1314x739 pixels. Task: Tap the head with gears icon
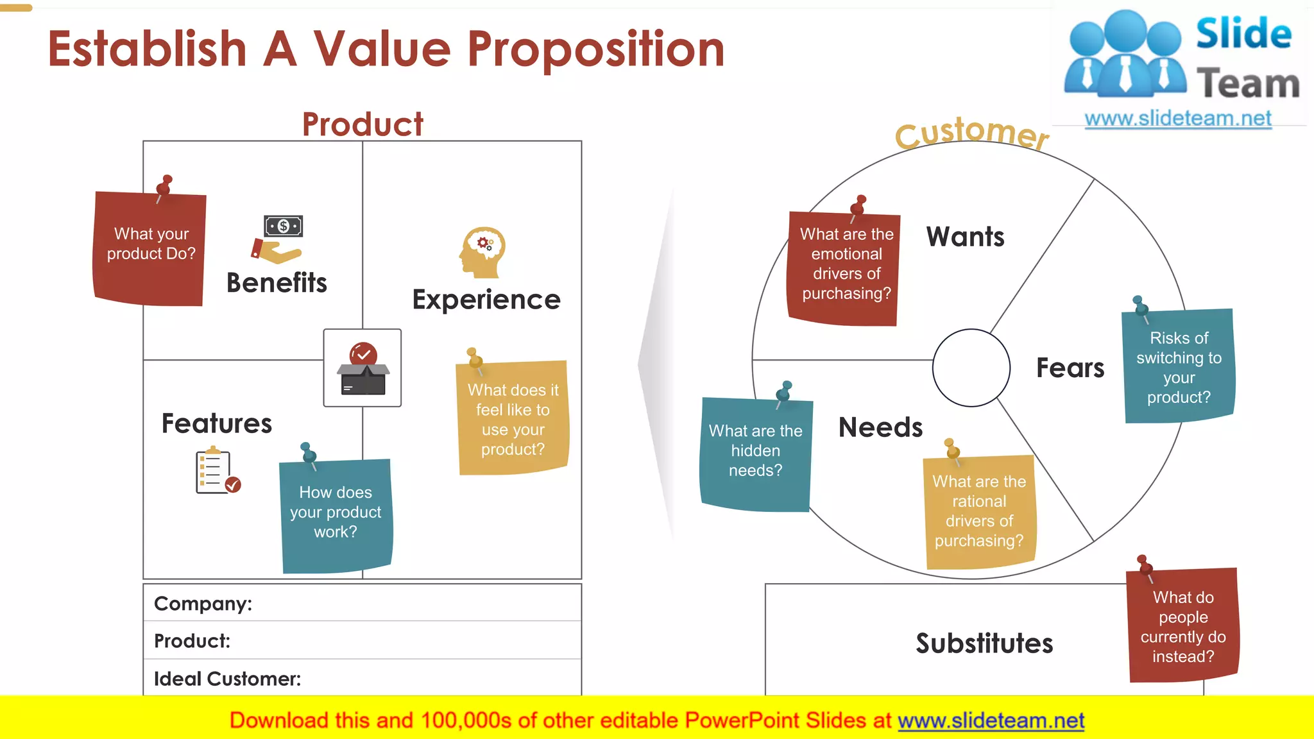click(x=482, y=252)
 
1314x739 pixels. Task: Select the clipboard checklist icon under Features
click(x=217, y=471)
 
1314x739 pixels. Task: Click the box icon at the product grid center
click(x=363, y=369)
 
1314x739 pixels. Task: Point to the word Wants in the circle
click(x=965, y=237)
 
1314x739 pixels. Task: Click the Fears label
click(x=1070, y=368)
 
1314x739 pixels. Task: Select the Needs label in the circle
click(x=880, y=427)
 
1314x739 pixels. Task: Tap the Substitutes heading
click(x=984, y=643)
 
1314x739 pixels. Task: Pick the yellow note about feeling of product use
click(x=513, y=420)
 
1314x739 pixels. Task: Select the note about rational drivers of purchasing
click(x=979, y=512)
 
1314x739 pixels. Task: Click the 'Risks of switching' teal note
click(x=1179, y=367)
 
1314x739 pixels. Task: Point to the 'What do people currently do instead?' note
click(x=1183, y=626)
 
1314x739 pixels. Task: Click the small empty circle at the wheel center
click(x=971, y=368)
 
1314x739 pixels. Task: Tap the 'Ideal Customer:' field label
click(x=227, y=678)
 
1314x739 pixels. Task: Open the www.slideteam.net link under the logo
click(x=1177, y=119)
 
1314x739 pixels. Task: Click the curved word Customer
click(x=971, y=133)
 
